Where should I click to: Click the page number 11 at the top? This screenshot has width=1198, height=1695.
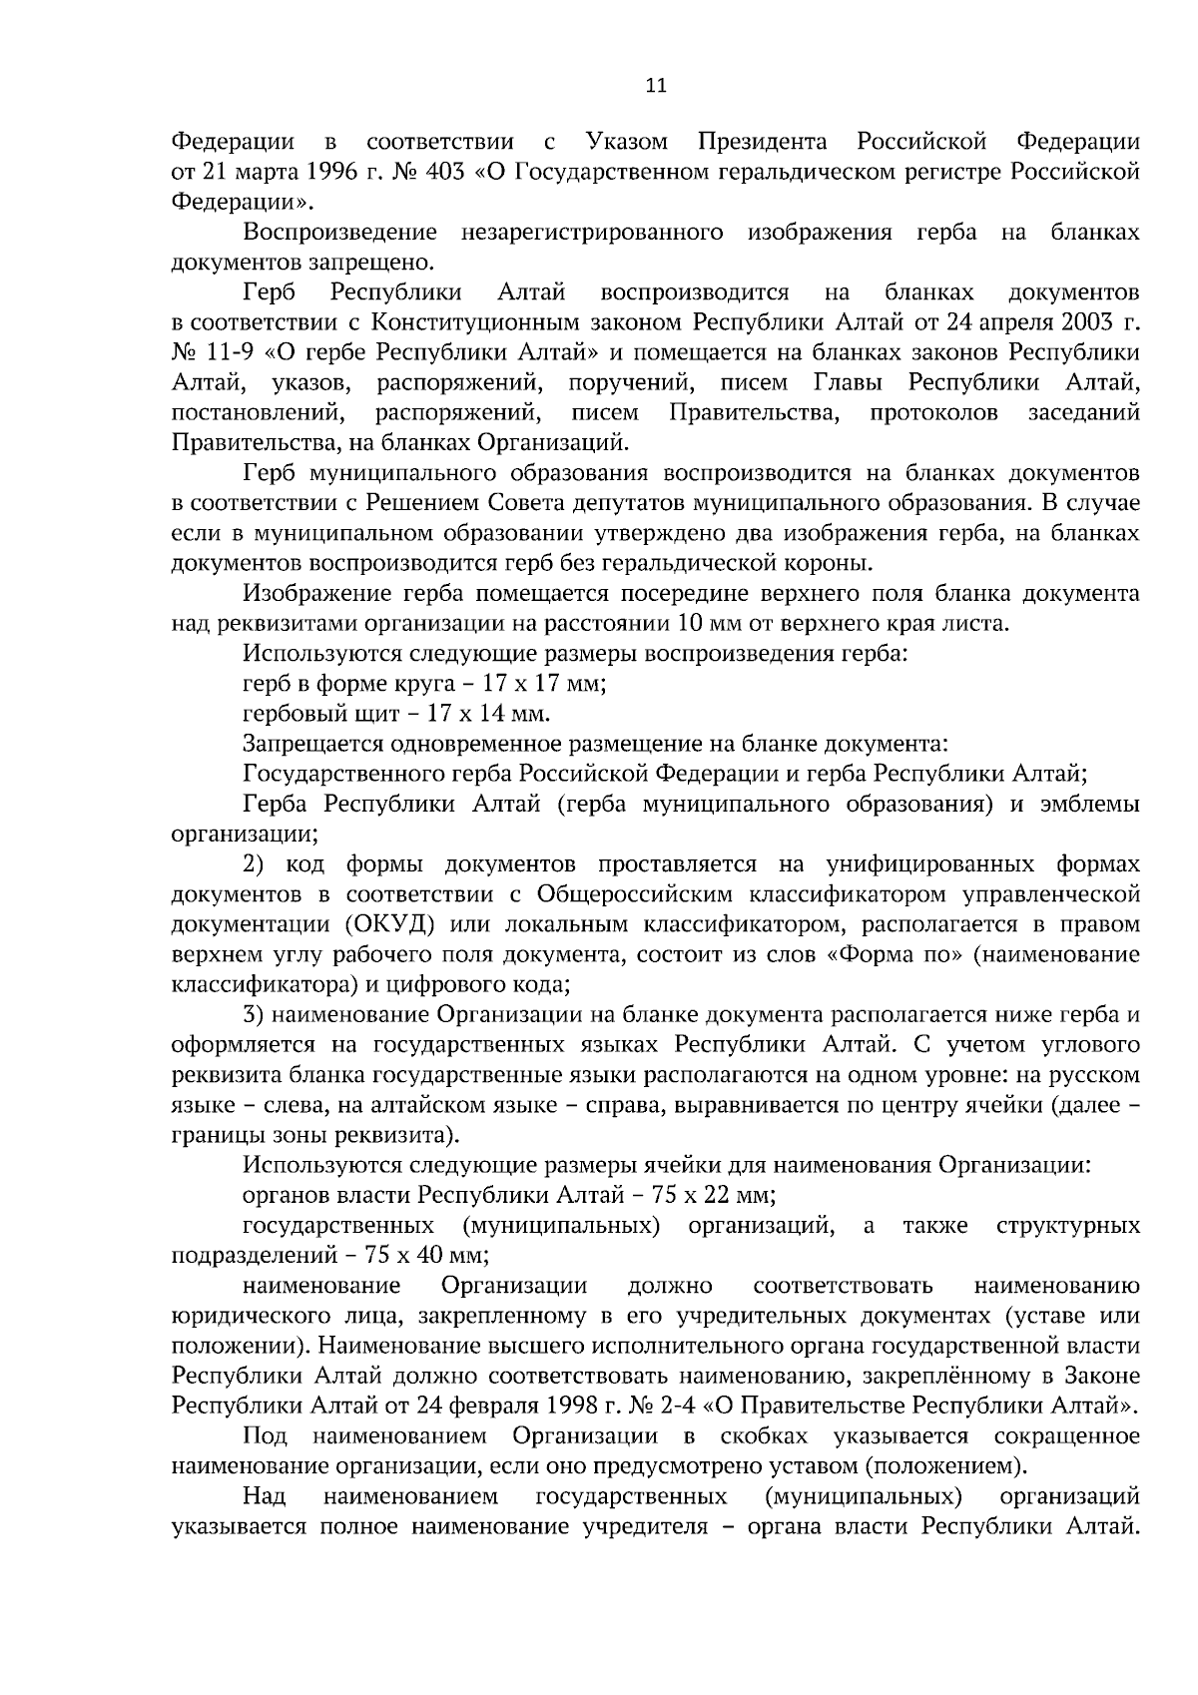point(656,86)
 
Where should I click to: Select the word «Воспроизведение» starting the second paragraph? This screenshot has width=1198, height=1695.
point(339,233)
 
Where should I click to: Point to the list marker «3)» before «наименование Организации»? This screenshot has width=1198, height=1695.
point(254,1015)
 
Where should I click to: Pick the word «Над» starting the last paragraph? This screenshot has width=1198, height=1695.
point(265,1496)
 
